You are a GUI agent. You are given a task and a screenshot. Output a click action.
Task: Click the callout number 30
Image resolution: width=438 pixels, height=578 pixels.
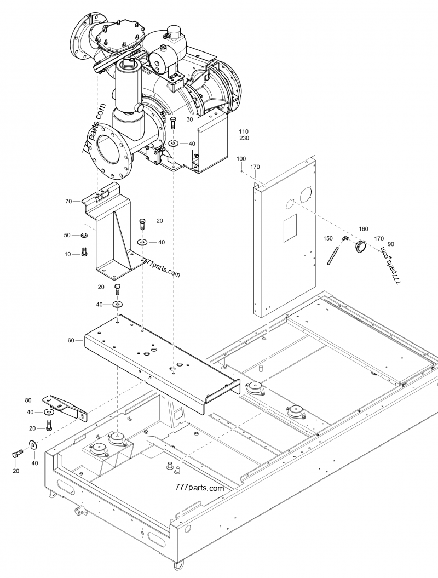tap(189, 119)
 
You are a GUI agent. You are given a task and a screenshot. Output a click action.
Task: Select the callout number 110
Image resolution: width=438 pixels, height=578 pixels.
tap(244, 131)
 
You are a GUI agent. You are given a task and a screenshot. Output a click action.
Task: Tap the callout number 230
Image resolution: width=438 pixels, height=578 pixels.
tap(244, 138)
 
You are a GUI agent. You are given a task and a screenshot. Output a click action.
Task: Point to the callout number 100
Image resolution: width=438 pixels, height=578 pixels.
tap(241, 159)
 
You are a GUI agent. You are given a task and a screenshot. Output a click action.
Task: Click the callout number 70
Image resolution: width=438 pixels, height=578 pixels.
tap(69, 202)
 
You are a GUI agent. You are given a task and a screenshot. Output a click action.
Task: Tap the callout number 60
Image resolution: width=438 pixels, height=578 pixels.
tap(71, 340)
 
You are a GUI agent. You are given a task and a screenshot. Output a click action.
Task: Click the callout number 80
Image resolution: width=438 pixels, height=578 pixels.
tap(28, 400)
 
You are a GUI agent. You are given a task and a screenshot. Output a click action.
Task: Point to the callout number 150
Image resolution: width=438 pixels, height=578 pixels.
tap(328, 238)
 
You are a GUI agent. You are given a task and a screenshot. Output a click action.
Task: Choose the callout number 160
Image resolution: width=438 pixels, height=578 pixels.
tap(364, 229)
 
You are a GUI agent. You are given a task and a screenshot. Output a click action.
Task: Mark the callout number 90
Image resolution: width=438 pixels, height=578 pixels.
tap(390, 244)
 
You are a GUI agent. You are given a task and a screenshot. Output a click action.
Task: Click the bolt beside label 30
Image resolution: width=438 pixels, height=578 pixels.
tap(174, 122)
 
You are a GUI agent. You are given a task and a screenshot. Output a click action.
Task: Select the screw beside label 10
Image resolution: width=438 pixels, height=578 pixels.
tap(84, 253)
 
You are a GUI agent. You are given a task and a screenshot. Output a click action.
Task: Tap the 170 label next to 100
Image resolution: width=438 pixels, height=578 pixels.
tap(255, 167)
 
